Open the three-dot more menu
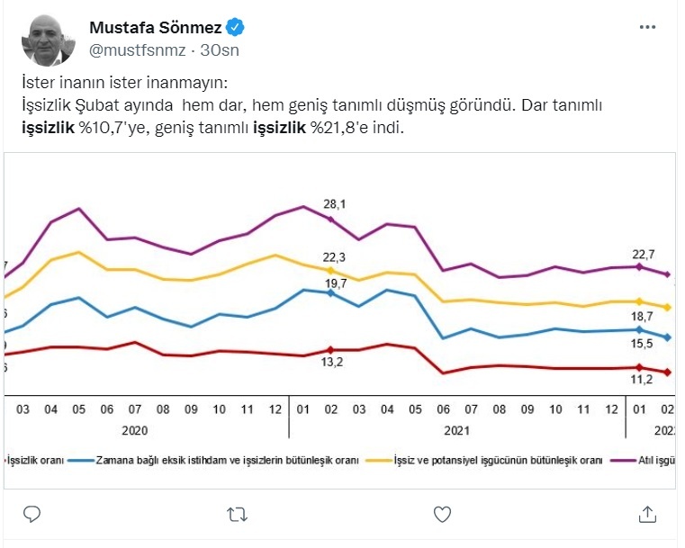647,28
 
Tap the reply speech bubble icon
31,514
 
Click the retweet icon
237,514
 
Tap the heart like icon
442,514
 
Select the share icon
647,514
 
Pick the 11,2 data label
640,381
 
